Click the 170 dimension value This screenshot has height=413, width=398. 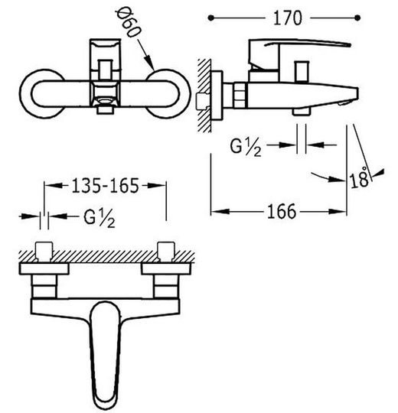[x=287, y=18]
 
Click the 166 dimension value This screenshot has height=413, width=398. [x=282, y=212]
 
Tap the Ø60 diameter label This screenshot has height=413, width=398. [x=129, y=23]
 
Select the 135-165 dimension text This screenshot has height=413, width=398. [x=105, y=186]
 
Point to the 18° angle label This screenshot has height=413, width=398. [x=360, y=177]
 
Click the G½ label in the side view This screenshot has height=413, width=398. [x=246, y=148]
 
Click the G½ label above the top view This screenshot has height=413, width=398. [x=99, y=218]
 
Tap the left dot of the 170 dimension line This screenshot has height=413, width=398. [x=210, y=18]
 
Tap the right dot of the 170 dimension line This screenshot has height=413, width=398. [x=357, y=18]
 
